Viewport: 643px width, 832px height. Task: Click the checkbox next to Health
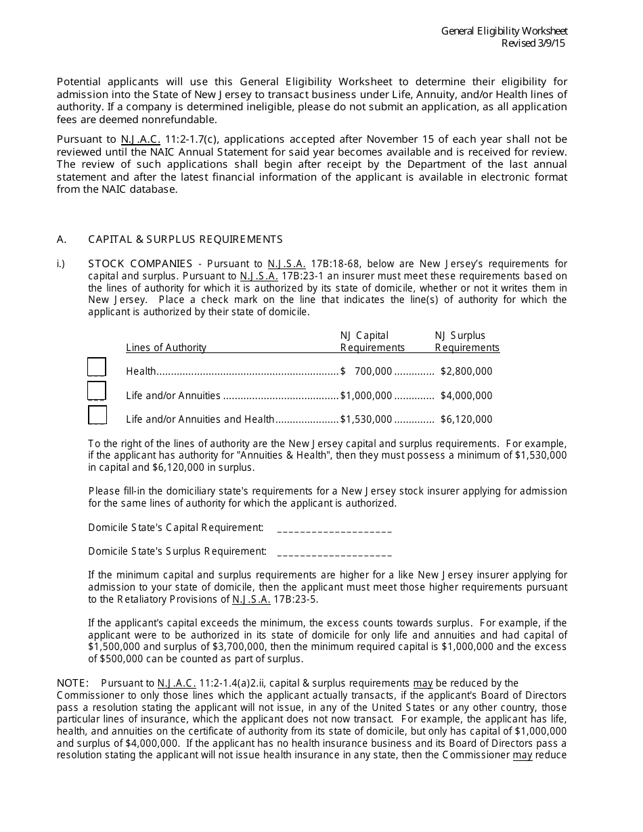point(97,367)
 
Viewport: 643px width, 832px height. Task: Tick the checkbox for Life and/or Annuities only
point(97,391)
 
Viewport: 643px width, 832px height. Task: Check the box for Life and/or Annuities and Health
point(97,415)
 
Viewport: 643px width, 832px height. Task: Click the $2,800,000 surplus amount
point(466,371)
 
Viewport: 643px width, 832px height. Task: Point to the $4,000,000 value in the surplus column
point(466,396)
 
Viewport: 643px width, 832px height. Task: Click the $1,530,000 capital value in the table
point(366,419)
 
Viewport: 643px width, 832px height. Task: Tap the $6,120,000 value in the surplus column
point(466,419)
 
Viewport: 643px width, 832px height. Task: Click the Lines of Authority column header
point(166,348)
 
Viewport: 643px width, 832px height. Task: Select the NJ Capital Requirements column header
point(372,342)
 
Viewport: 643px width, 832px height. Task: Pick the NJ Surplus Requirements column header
point(466,342)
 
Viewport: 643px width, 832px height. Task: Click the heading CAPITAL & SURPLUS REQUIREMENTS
point(185,239)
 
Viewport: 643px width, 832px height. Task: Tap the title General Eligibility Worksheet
point(504,31)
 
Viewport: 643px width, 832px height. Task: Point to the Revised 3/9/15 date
point(533,43)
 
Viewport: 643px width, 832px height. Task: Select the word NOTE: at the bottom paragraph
point(72,683)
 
